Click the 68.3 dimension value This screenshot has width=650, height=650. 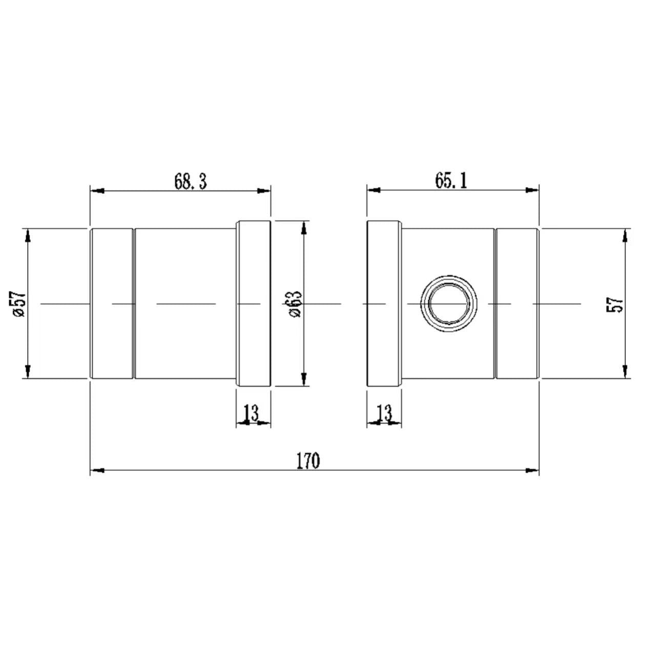(190, 181)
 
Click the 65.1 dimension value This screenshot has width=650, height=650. (451, 180)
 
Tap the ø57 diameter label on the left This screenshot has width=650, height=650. (19, 304)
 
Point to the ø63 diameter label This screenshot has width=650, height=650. (296, 304)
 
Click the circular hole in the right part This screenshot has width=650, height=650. (449, 304)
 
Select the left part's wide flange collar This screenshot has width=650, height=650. (253, 304)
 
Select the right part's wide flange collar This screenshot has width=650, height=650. (384, 304)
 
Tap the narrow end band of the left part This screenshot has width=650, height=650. (112, 304)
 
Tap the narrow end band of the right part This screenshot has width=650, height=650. (517, 304)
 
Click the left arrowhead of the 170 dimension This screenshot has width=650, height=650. (97, 470)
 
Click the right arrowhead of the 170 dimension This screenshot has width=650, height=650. (532, 470)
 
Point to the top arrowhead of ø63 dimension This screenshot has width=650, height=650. (304, 227)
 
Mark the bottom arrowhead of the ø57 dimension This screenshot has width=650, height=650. (28, 371)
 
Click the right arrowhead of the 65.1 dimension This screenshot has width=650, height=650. (532, 190)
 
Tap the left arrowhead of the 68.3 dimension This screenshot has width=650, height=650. (97, 191)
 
